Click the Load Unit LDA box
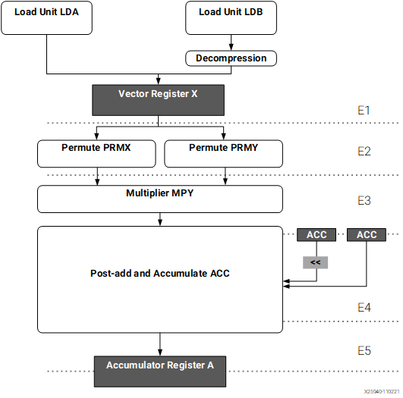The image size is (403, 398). click(46, 17)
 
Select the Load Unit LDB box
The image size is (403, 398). click(231, 17)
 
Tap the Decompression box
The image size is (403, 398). click(231, 58)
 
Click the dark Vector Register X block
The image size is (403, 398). click(158, 100)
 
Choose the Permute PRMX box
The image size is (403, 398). click(96, 154)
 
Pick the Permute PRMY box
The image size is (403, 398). click(223, 154)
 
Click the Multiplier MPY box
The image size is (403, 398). click(160, 199)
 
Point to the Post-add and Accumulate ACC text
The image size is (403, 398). click(160, 274)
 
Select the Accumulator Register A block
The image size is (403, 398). click(160, 371)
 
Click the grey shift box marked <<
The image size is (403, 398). click(316, 262)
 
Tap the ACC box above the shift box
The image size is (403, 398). click(316, 235)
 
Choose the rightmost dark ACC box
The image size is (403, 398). click(367, 235)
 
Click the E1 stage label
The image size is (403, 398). click(364, 111)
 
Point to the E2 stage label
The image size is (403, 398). click(364, 152)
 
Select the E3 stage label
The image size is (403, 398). click(364, 201)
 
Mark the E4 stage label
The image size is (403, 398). click(364, 307)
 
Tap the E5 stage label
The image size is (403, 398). click(364, 350)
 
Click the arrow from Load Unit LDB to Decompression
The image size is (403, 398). click(231, 42)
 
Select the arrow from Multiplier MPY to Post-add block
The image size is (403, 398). click(160, 220)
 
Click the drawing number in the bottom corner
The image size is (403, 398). click(382, 392)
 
